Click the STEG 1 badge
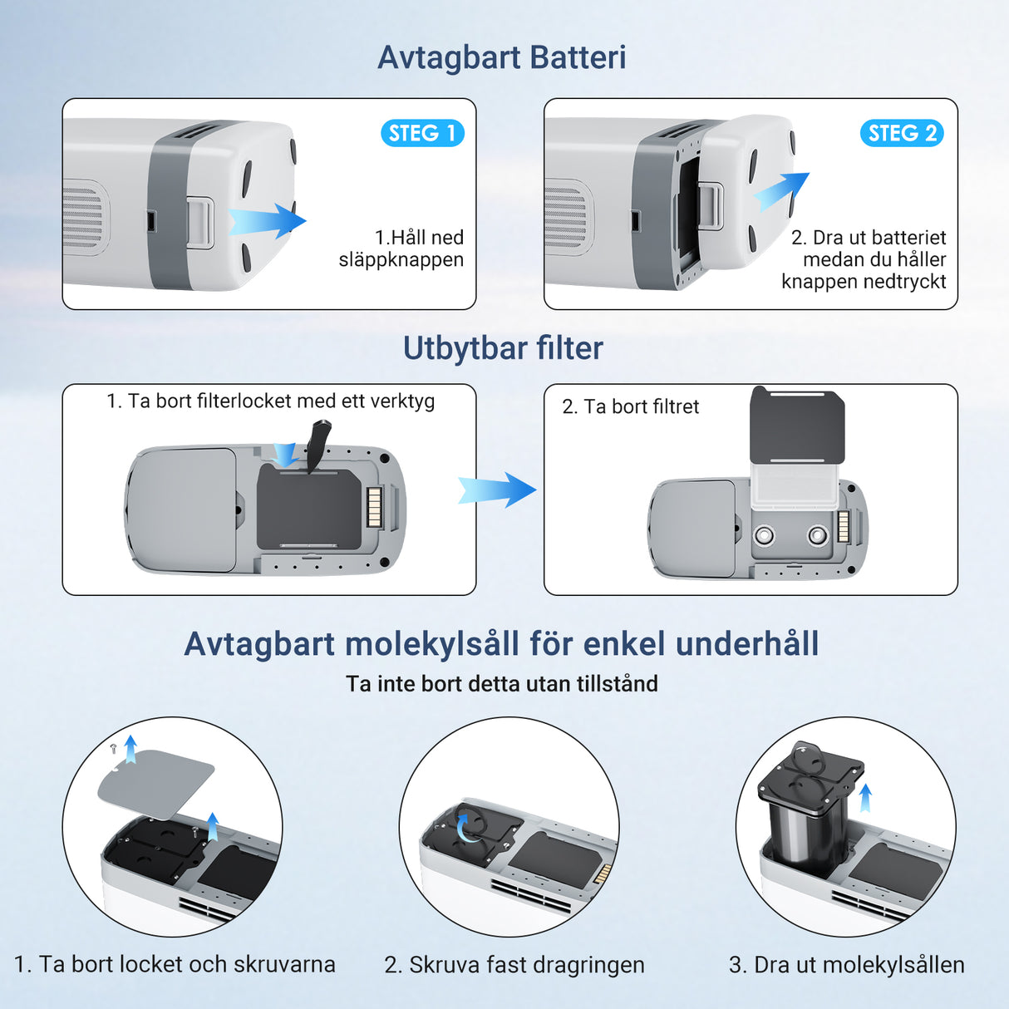(x=422, y=133)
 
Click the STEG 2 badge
(x=902, y=133)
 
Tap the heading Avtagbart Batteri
(x=502, y=57)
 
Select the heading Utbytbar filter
(x=503, y=348)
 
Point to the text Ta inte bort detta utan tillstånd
(x=502, y=684)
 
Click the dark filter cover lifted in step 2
(x=797, y=426)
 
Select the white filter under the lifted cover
(x=796, y=486)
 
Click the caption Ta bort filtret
(x=631, y=406)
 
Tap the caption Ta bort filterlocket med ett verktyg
(x=270, y=401)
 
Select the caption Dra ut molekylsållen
(x=846, y=965)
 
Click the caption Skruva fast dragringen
(x=514, y=965)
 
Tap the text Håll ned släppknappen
(x=403, y=249)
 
